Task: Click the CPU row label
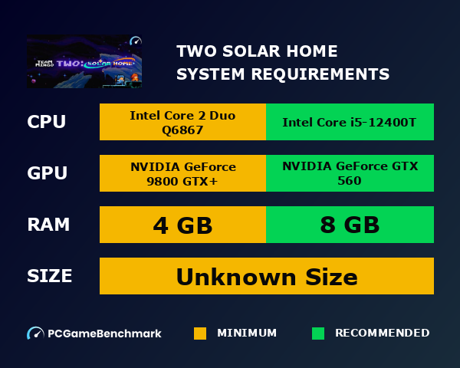(46, 122)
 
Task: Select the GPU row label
(47, 173)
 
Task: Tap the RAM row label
(48, 225)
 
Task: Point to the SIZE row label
(49, 275)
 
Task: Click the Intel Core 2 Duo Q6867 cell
(182, 123)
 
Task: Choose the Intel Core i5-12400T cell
(350, 123)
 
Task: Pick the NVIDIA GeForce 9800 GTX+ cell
(182, 174)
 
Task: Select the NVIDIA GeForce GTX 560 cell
(350, 174)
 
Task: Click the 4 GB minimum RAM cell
(182, 225)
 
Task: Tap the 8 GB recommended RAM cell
(350, 225)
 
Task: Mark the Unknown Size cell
(267, 276)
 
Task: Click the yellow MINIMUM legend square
(200, 333)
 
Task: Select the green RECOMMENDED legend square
(318, 333)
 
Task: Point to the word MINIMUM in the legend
(247, 333)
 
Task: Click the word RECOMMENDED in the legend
(382, 333)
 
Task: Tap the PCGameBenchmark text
(104, 333)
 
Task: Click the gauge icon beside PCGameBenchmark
(35, 333)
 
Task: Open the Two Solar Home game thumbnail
(84, 62)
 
